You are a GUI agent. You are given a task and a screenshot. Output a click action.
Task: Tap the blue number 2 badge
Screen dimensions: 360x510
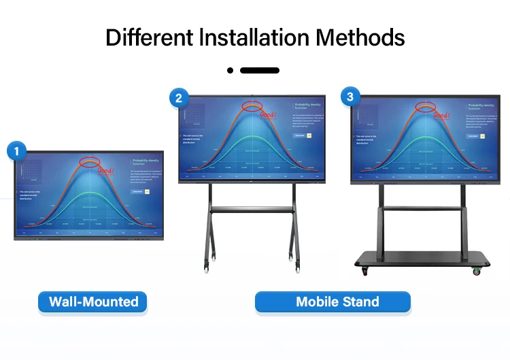point(179,98)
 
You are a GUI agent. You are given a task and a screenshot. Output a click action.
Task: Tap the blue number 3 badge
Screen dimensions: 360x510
point(350,97)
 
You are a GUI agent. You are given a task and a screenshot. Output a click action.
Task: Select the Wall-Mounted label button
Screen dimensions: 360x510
point(93,301)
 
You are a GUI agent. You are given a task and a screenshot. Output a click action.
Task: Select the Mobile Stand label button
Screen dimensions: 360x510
point(333,301)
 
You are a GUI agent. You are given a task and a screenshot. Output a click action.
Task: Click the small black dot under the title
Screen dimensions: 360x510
point(231,70)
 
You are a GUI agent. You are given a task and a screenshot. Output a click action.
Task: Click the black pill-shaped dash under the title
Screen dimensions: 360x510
point(260,70)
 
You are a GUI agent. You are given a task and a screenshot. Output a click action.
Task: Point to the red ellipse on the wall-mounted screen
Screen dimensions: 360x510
point(90,161)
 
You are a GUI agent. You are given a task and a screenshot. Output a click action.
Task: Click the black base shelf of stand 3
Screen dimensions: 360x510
point(422,259)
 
